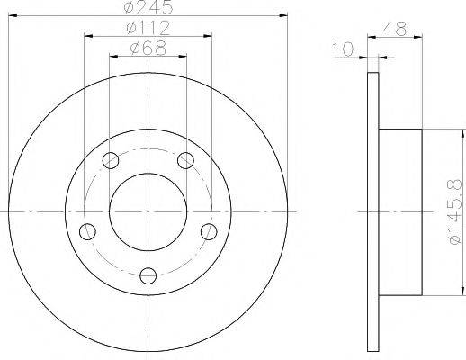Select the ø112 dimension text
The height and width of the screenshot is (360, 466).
tap(148, 28)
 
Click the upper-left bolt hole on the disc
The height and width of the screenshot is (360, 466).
tap(112, 161)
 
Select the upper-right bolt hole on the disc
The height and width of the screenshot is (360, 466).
tap(185, 161)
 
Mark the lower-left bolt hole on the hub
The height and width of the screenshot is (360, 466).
tap(87, 231)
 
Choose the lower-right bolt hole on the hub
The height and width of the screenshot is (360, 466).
tap(210, 231)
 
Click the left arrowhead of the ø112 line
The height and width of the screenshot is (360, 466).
tap(88, 37)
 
